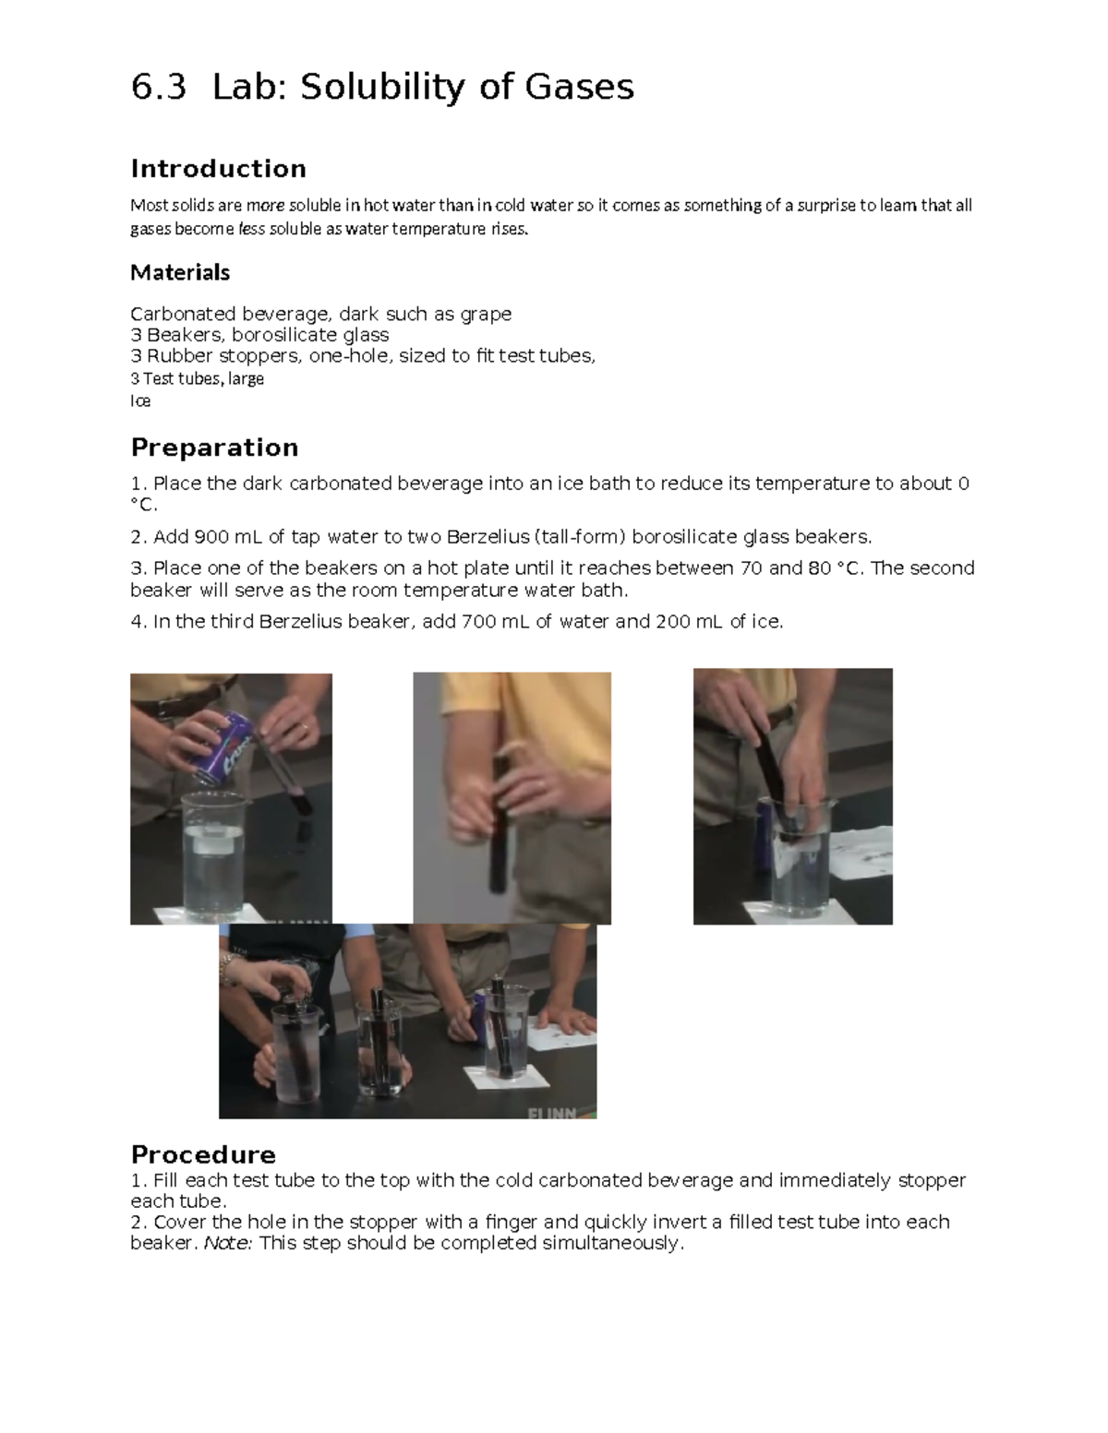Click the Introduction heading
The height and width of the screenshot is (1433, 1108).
tap(218, 169)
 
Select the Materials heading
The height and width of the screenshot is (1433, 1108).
tap(180, 272)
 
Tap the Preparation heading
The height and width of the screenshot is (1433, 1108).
tap(214, 448)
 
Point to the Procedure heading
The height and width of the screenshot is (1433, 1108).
tap(203, 1154)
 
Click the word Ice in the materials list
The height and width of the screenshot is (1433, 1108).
tap(140, 400)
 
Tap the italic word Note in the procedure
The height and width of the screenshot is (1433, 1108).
tap(226, 1243)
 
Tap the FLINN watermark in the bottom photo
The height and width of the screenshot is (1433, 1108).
tap(552, 1113)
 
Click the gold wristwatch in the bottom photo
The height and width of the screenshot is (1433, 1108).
tap(227, 968)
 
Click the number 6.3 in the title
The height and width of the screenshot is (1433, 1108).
tap(159, 88)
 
